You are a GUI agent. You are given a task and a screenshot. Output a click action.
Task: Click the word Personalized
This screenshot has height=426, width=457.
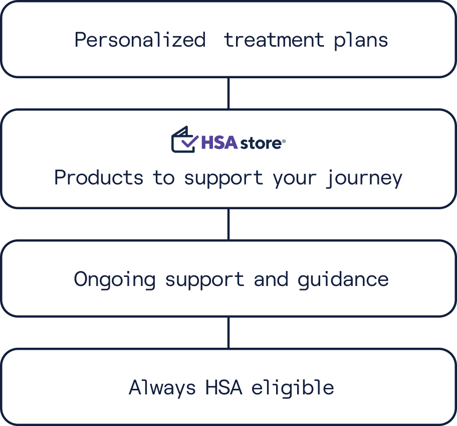point(140,40)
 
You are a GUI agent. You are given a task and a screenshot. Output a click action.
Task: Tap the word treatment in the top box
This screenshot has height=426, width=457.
point(274,40)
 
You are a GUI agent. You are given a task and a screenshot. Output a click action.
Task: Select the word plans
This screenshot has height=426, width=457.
point(361,41)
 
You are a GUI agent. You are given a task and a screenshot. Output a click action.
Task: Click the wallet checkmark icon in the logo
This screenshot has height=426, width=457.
point(185,139)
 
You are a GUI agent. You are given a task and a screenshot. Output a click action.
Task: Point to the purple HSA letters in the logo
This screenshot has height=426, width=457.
point(219,143)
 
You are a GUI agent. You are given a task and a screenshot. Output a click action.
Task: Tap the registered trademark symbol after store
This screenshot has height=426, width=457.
point(284,141)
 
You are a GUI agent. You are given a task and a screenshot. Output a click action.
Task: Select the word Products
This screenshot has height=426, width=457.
point(99,178)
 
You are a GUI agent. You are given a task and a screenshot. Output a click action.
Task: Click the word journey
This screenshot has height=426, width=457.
point(364,179)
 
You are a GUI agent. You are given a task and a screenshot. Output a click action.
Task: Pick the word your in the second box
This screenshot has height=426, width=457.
point(295,179)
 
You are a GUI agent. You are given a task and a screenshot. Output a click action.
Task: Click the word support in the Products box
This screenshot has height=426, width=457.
point(223,179)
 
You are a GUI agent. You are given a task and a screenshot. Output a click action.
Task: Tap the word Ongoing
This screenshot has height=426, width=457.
point(115,280)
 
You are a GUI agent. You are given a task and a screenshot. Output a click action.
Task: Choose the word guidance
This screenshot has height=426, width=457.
point(343,280)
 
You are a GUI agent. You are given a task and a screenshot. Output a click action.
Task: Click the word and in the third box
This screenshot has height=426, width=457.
point(271,279)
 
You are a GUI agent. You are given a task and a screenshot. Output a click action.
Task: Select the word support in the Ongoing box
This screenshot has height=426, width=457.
point(204,280)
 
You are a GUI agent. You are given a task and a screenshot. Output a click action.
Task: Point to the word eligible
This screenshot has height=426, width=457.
point(293,388)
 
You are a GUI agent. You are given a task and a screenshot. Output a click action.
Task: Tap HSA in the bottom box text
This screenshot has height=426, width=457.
point(224,387)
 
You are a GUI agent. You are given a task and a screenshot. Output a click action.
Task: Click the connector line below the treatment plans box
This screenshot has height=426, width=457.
point(228,93)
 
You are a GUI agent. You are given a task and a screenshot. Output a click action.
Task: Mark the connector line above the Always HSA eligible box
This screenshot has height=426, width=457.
point(228,333)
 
